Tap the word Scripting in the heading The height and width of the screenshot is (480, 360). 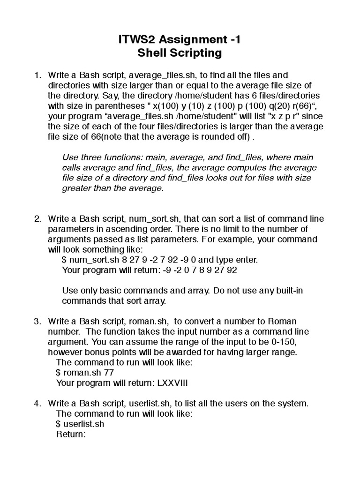[x=196, y=53]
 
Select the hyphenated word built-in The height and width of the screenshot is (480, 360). [x=286, y=291]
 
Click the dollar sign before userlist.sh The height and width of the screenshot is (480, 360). [x=58, y=424]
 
